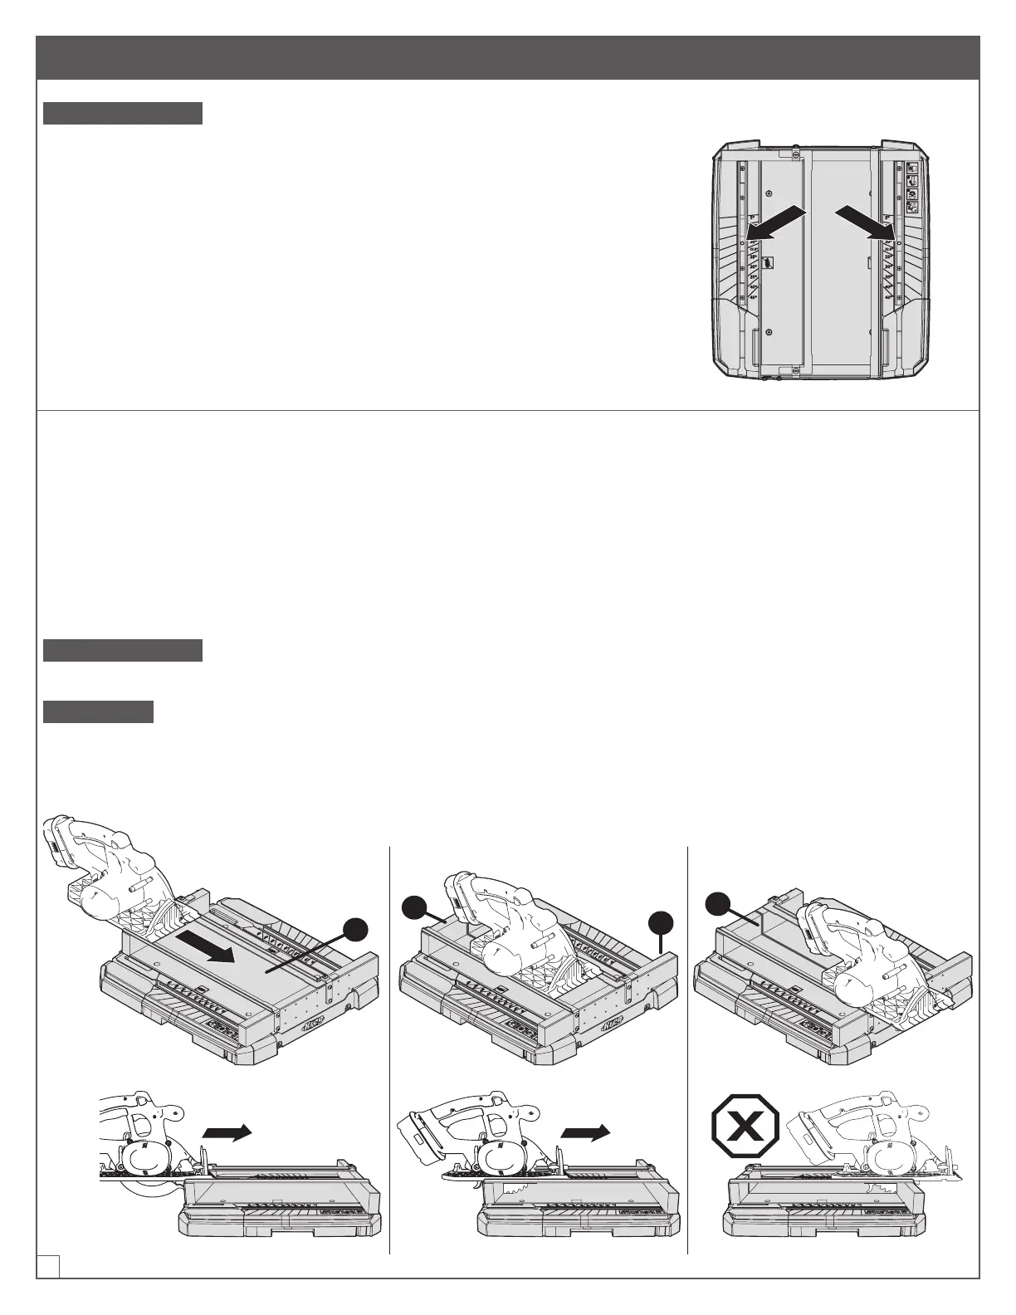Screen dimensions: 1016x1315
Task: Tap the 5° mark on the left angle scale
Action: click(752, 218)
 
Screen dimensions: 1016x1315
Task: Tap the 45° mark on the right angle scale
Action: click(888, 296)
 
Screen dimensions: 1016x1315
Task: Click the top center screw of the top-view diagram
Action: click(795, 153)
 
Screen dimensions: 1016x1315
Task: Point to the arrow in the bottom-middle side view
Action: click(584, 1132)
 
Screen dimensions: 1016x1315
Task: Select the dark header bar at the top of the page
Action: click(508, 57)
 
